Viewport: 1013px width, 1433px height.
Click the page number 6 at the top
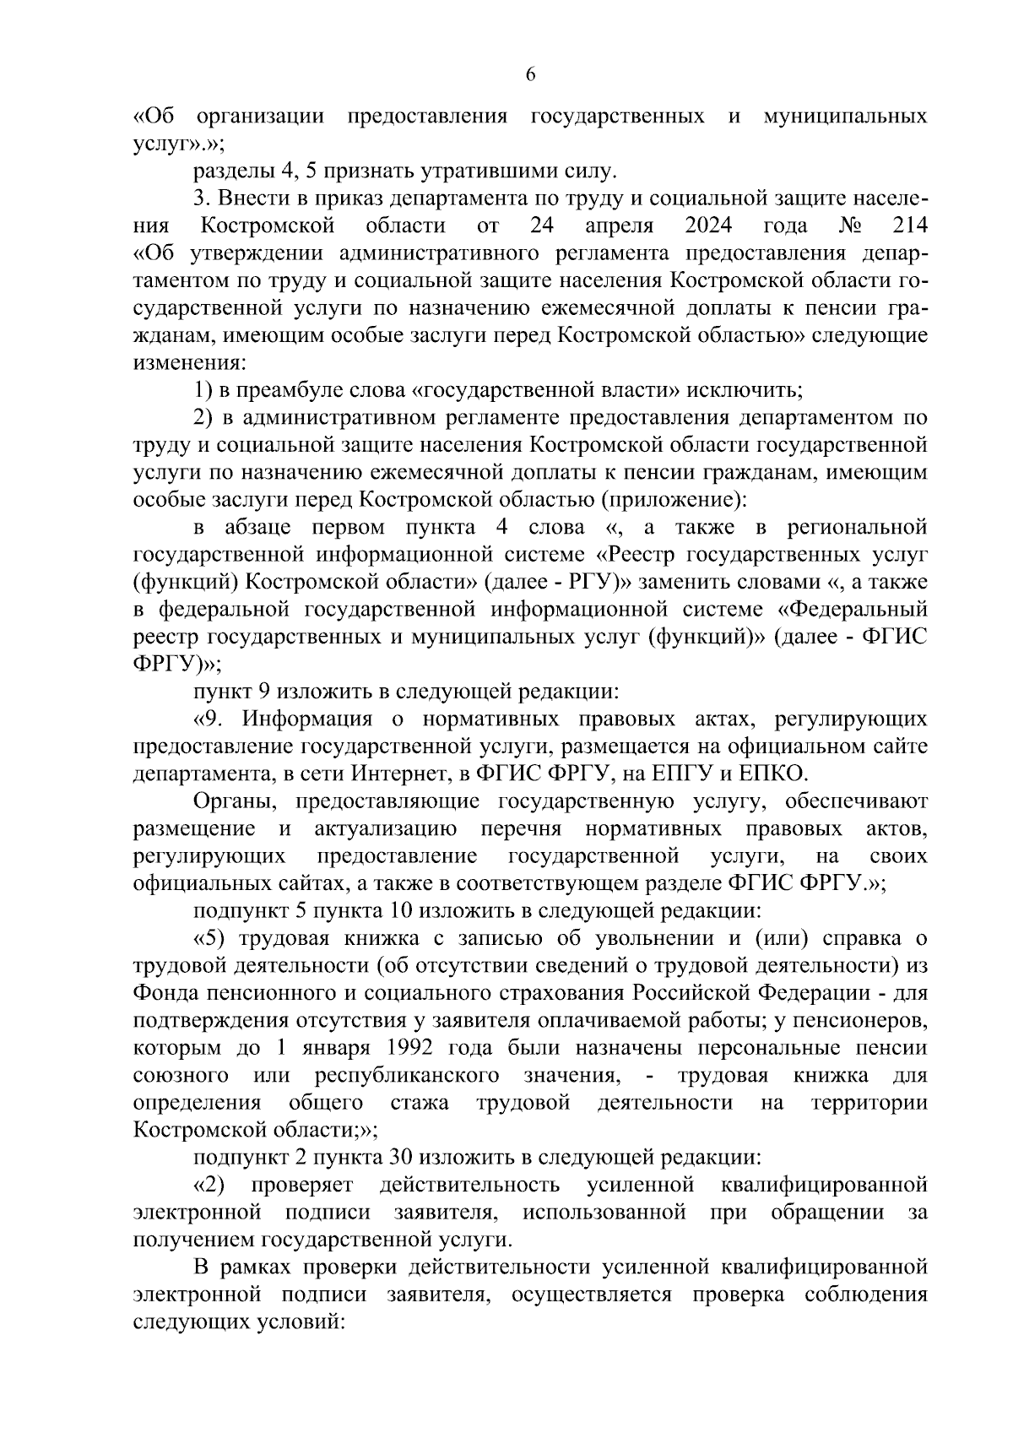click(530, 74)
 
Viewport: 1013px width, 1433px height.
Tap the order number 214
click(908, 227)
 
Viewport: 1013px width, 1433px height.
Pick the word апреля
click(619, 227)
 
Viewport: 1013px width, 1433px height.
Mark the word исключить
click(745, 391)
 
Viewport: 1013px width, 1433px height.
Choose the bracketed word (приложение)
click(674, 501)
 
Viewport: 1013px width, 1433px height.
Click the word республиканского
click(406, 1076)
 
